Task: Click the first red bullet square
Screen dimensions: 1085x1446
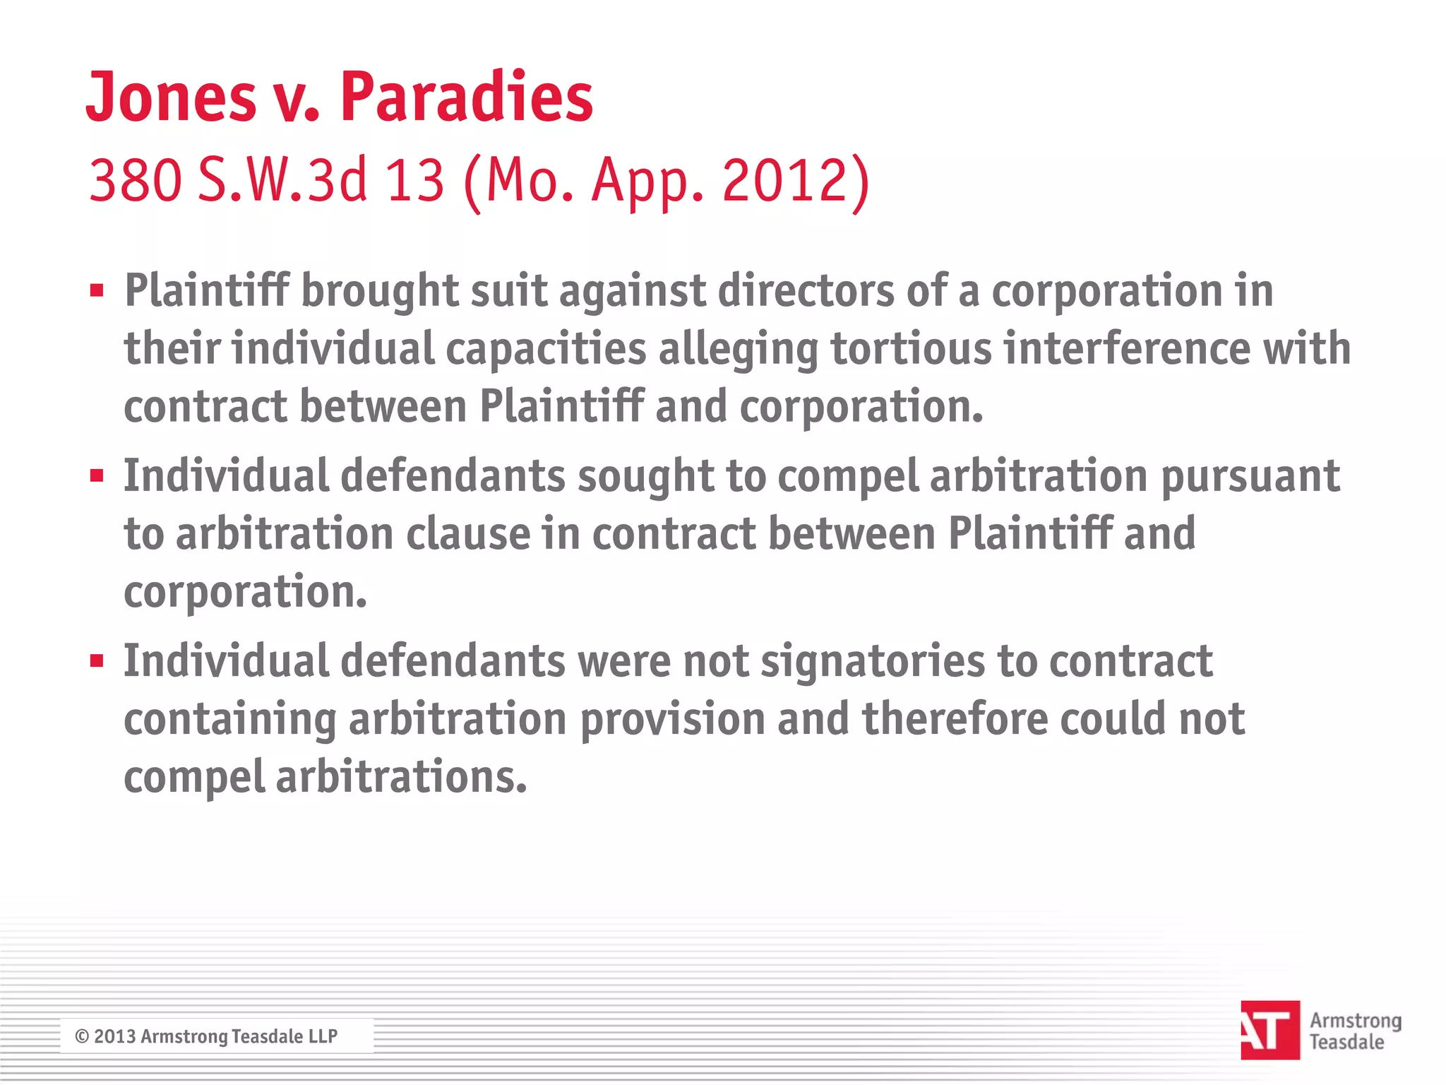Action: [x=97, y=290]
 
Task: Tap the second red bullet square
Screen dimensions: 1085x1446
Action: [x=97, y=475]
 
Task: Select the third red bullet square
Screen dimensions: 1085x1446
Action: [x=97, y=661]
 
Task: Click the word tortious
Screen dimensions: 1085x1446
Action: [x=910, y=349]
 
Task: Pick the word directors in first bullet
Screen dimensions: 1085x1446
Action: [x=806, y=291]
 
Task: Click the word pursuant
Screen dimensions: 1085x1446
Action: [x=1250, y=477]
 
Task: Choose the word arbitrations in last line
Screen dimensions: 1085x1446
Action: [x=401, y=778]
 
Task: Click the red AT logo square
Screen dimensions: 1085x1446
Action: [x=1269, y=1030]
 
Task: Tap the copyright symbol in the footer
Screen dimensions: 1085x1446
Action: [x=82, y=1036]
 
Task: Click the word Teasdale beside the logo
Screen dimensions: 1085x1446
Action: [x=1346, y=1042]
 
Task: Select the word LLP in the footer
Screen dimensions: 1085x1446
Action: [x=323, y=1036]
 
